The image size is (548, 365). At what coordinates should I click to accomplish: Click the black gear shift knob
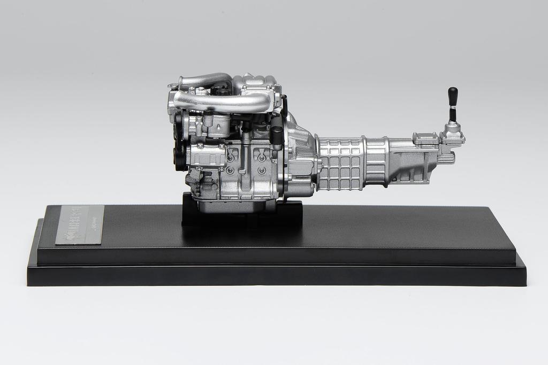[x=453, y=96]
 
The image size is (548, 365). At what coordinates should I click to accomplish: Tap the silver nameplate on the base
[x=80, y=224]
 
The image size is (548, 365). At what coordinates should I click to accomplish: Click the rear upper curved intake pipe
[x=203, y=81]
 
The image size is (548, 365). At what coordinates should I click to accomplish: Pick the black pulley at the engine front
[x=178, y=155]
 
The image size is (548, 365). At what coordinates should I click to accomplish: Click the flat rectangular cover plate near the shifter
[x=426, y=139]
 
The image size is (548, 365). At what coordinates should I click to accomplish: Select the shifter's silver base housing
[x=452, y=133]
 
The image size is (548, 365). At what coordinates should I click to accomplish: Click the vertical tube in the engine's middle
[x=245, y=155]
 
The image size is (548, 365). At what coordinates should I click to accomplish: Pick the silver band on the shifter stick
[x=453, y=113]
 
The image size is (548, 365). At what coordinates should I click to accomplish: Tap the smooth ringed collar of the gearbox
[x=375, y=160]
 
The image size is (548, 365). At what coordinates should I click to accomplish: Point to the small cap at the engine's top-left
[x=172, y=86]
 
